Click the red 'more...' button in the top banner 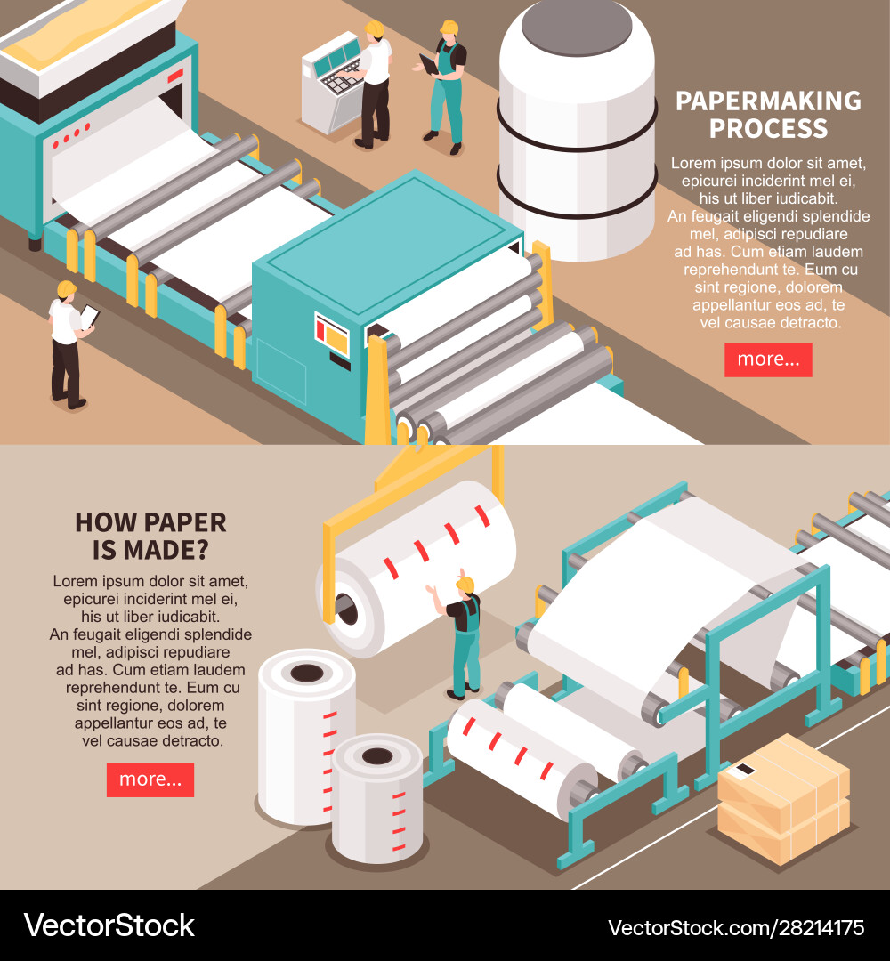(x=768, y=359)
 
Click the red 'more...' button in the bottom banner (x=150, y=779)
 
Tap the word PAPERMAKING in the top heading (x=768, y=101)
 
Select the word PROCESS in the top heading (x=768, y=129)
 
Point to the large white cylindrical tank (x=576, y=133)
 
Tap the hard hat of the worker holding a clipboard (x=66, y=289)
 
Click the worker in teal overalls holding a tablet (x=446, y=85)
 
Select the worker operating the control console (x=374, y=85)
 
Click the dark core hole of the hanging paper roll (x=345, y=610)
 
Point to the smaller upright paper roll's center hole (x=377, y=756)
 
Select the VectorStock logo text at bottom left (x=109, y=925)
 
